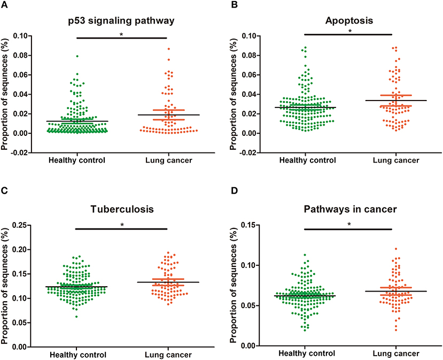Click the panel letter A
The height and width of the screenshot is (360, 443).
coord(5,5)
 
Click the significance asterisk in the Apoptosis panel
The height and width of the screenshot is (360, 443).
coord(350,32)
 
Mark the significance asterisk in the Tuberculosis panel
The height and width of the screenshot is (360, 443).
coord(123,225)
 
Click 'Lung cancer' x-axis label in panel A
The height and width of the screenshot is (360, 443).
coord(168,160)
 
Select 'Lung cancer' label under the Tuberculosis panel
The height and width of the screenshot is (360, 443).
coord(168,355)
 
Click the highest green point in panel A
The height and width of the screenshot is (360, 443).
coord(77,56)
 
